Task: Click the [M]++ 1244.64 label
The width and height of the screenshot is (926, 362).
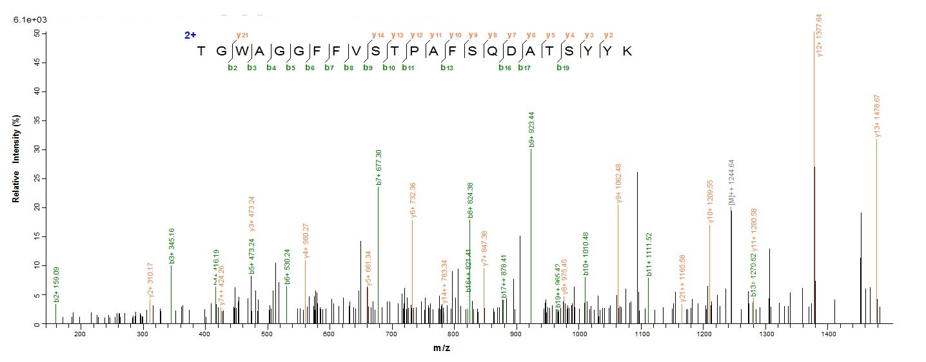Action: click(731, 182)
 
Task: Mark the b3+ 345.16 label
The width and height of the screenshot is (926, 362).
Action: click(172, 245)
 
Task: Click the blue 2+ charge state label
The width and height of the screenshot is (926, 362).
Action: click(190, 35)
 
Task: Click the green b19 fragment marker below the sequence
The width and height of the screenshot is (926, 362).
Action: click(563, 68)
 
